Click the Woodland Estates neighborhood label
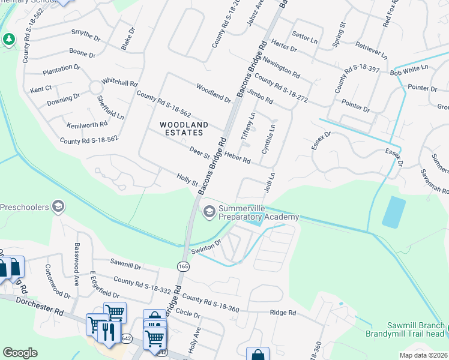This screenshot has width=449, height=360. point(184,129)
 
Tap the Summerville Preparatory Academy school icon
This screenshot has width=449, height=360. point(209,211)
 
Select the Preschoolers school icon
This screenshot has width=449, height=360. point(58,207)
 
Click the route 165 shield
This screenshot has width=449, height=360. point(183,265)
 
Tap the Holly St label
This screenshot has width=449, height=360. point(187,178)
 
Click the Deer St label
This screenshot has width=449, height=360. point(199,152)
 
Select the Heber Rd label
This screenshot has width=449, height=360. point(237,157)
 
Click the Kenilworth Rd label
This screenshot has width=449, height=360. point(88,124)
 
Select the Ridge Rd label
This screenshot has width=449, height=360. point(283,313)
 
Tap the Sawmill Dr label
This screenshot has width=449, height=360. point(125,263)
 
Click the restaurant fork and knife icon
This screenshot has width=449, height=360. point(108,332)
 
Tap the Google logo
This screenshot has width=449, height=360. point(20,352)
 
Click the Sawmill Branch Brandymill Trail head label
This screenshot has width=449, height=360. point(407,328)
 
